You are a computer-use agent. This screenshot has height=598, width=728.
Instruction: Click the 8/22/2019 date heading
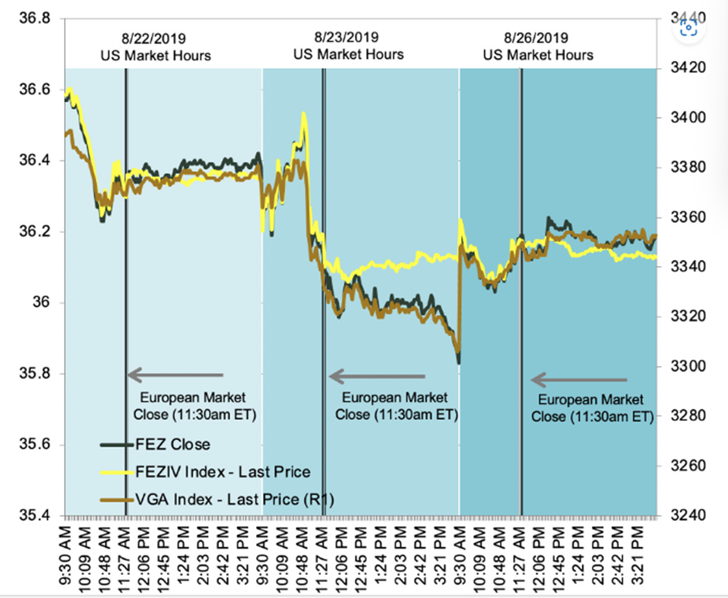[x=155, y=37]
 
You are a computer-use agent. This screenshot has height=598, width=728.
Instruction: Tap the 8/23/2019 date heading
[x=347, y=36]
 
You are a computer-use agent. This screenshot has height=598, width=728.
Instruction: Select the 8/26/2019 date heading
[x=537, y=37]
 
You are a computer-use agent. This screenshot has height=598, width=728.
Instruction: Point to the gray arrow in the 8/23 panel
[x=377, y=377]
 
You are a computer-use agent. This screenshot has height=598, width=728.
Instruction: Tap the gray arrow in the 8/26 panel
[x=579, y=380]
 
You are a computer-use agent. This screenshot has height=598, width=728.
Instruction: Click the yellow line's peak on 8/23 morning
[x=303, y=114]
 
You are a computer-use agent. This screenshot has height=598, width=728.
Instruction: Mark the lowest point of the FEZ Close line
[x=459, y=362]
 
